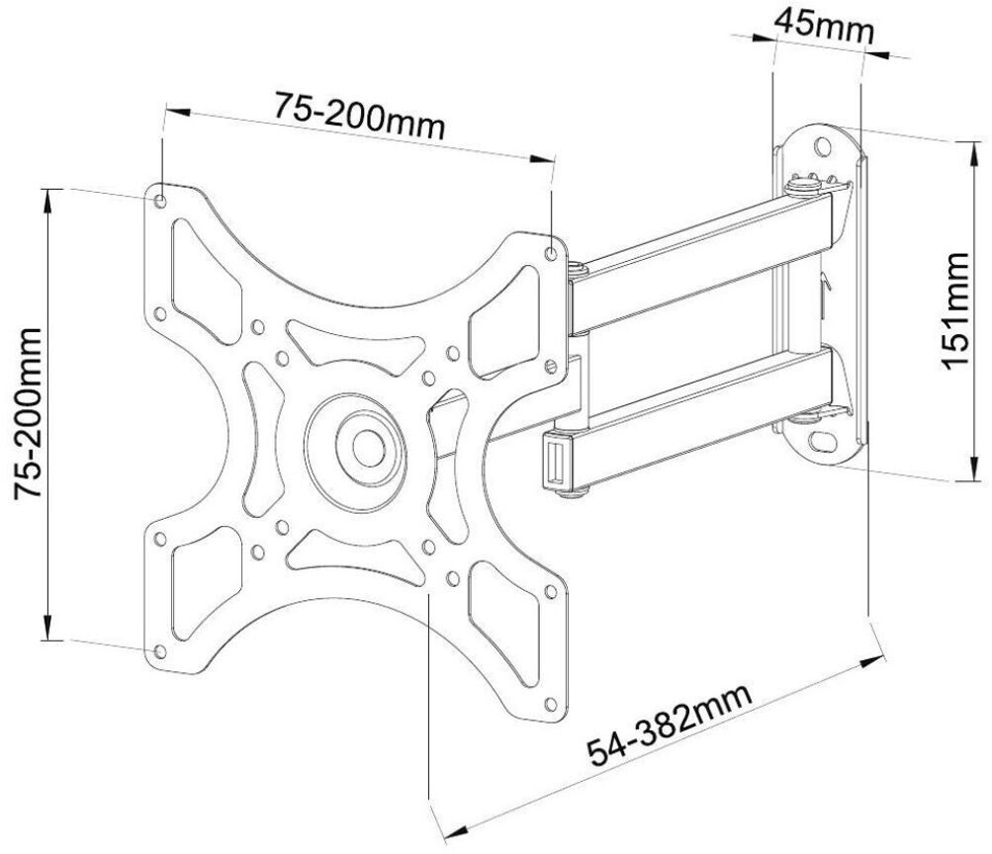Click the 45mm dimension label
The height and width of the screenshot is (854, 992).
[x=824, y=26]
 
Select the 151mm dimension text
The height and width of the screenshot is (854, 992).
[x=954, y=310]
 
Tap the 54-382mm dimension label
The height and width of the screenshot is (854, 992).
[x=671, y=725]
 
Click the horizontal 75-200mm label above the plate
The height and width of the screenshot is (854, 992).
[x=359, y=117]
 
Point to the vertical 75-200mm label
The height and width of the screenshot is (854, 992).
[x=29, y=413]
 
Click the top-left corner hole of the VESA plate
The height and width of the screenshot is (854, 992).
[x=160, y=202]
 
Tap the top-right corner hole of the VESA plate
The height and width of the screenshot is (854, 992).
[x=551, y=253]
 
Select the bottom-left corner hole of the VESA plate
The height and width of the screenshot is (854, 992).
[x=160, y=651]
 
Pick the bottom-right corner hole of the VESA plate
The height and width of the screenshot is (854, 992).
[x=551, y=704]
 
